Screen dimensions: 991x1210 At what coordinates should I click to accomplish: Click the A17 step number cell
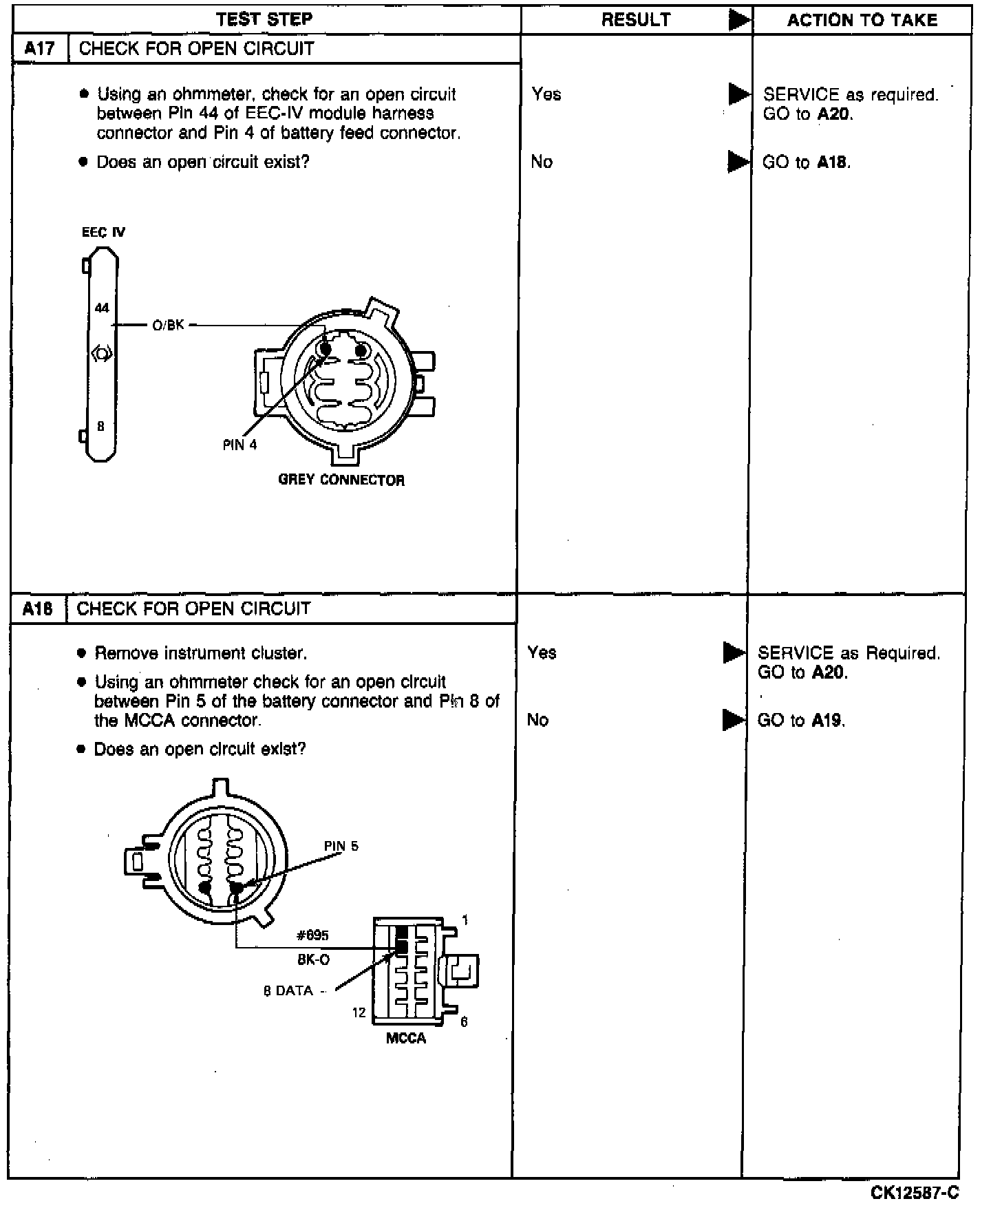coord(40,49)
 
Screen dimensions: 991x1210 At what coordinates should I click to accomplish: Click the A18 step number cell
coord(38,609)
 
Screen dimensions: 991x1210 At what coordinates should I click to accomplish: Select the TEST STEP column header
coord(264,19)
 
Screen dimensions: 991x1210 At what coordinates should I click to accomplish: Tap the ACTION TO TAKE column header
coord(862,20)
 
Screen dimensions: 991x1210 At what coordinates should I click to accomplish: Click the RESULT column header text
coord(636,20)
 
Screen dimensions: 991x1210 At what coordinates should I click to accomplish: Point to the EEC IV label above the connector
coord(103,233)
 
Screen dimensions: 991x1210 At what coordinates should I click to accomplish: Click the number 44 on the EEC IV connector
coord(102,308)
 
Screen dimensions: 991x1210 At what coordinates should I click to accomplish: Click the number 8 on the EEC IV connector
coord(100,427)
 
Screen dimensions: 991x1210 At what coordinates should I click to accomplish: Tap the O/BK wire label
coord(169,325)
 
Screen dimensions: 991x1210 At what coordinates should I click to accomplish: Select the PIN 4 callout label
coord(239,445)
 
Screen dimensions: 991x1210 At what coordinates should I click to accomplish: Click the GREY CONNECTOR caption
coord(341,480)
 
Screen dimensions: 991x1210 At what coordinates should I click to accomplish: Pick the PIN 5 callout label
coord(341,847)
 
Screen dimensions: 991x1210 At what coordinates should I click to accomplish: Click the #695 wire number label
coord(312,935)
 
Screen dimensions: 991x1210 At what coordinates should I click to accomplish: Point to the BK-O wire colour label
coord(314,959)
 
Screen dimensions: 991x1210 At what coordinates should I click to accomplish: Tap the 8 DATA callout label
coord(288,991)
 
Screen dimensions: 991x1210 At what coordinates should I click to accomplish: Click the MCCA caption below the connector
coord(406,1039)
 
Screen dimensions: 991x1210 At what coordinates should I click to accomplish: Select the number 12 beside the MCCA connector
coord(359,1012)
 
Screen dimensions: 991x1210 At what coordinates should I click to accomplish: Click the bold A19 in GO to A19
coord(827,721)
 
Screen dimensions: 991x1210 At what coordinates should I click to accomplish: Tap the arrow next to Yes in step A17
coord(739,94)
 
